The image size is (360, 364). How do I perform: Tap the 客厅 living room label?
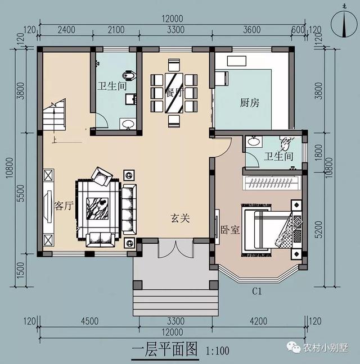click(64, 206)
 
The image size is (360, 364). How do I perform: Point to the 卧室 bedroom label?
click(229, 229)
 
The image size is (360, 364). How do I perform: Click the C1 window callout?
click(258, 292)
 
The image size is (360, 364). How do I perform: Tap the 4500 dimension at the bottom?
click(89, 321)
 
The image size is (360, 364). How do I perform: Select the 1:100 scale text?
click(218, 352)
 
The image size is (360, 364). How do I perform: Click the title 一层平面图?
click(164, 351)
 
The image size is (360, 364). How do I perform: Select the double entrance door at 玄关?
click(175, 248)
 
